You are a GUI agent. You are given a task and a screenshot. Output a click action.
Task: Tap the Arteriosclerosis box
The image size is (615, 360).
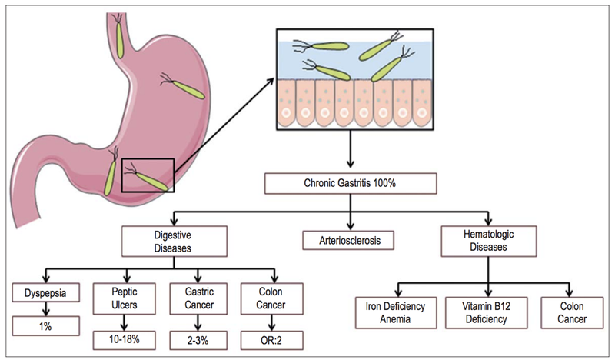point(351,240)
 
